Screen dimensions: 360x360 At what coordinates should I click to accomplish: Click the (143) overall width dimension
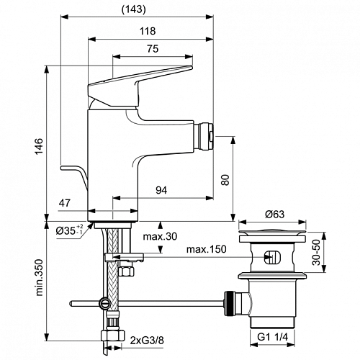pyautogui.click(x=134, y=9)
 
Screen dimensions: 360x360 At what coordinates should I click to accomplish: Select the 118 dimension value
pyautogui.click(x=148, y=31)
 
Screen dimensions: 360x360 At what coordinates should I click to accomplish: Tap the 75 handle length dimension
pyautogui.click(x=153, y=49)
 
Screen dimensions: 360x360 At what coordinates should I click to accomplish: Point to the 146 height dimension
pyautogui.click(x=39, y=146)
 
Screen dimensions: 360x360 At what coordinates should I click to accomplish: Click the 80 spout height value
pyautogui.click(x=225, y=180)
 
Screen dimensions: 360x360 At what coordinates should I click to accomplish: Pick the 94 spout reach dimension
pyautogui.click(x=161, y=190)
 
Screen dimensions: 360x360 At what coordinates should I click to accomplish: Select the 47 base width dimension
pyautogui.click(x=65, y=203)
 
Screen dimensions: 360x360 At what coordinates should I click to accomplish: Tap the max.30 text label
pyautogui.click(x=160, y=237)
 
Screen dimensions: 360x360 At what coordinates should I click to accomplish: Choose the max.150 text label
pyautogui.click(x=207, y=249)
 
